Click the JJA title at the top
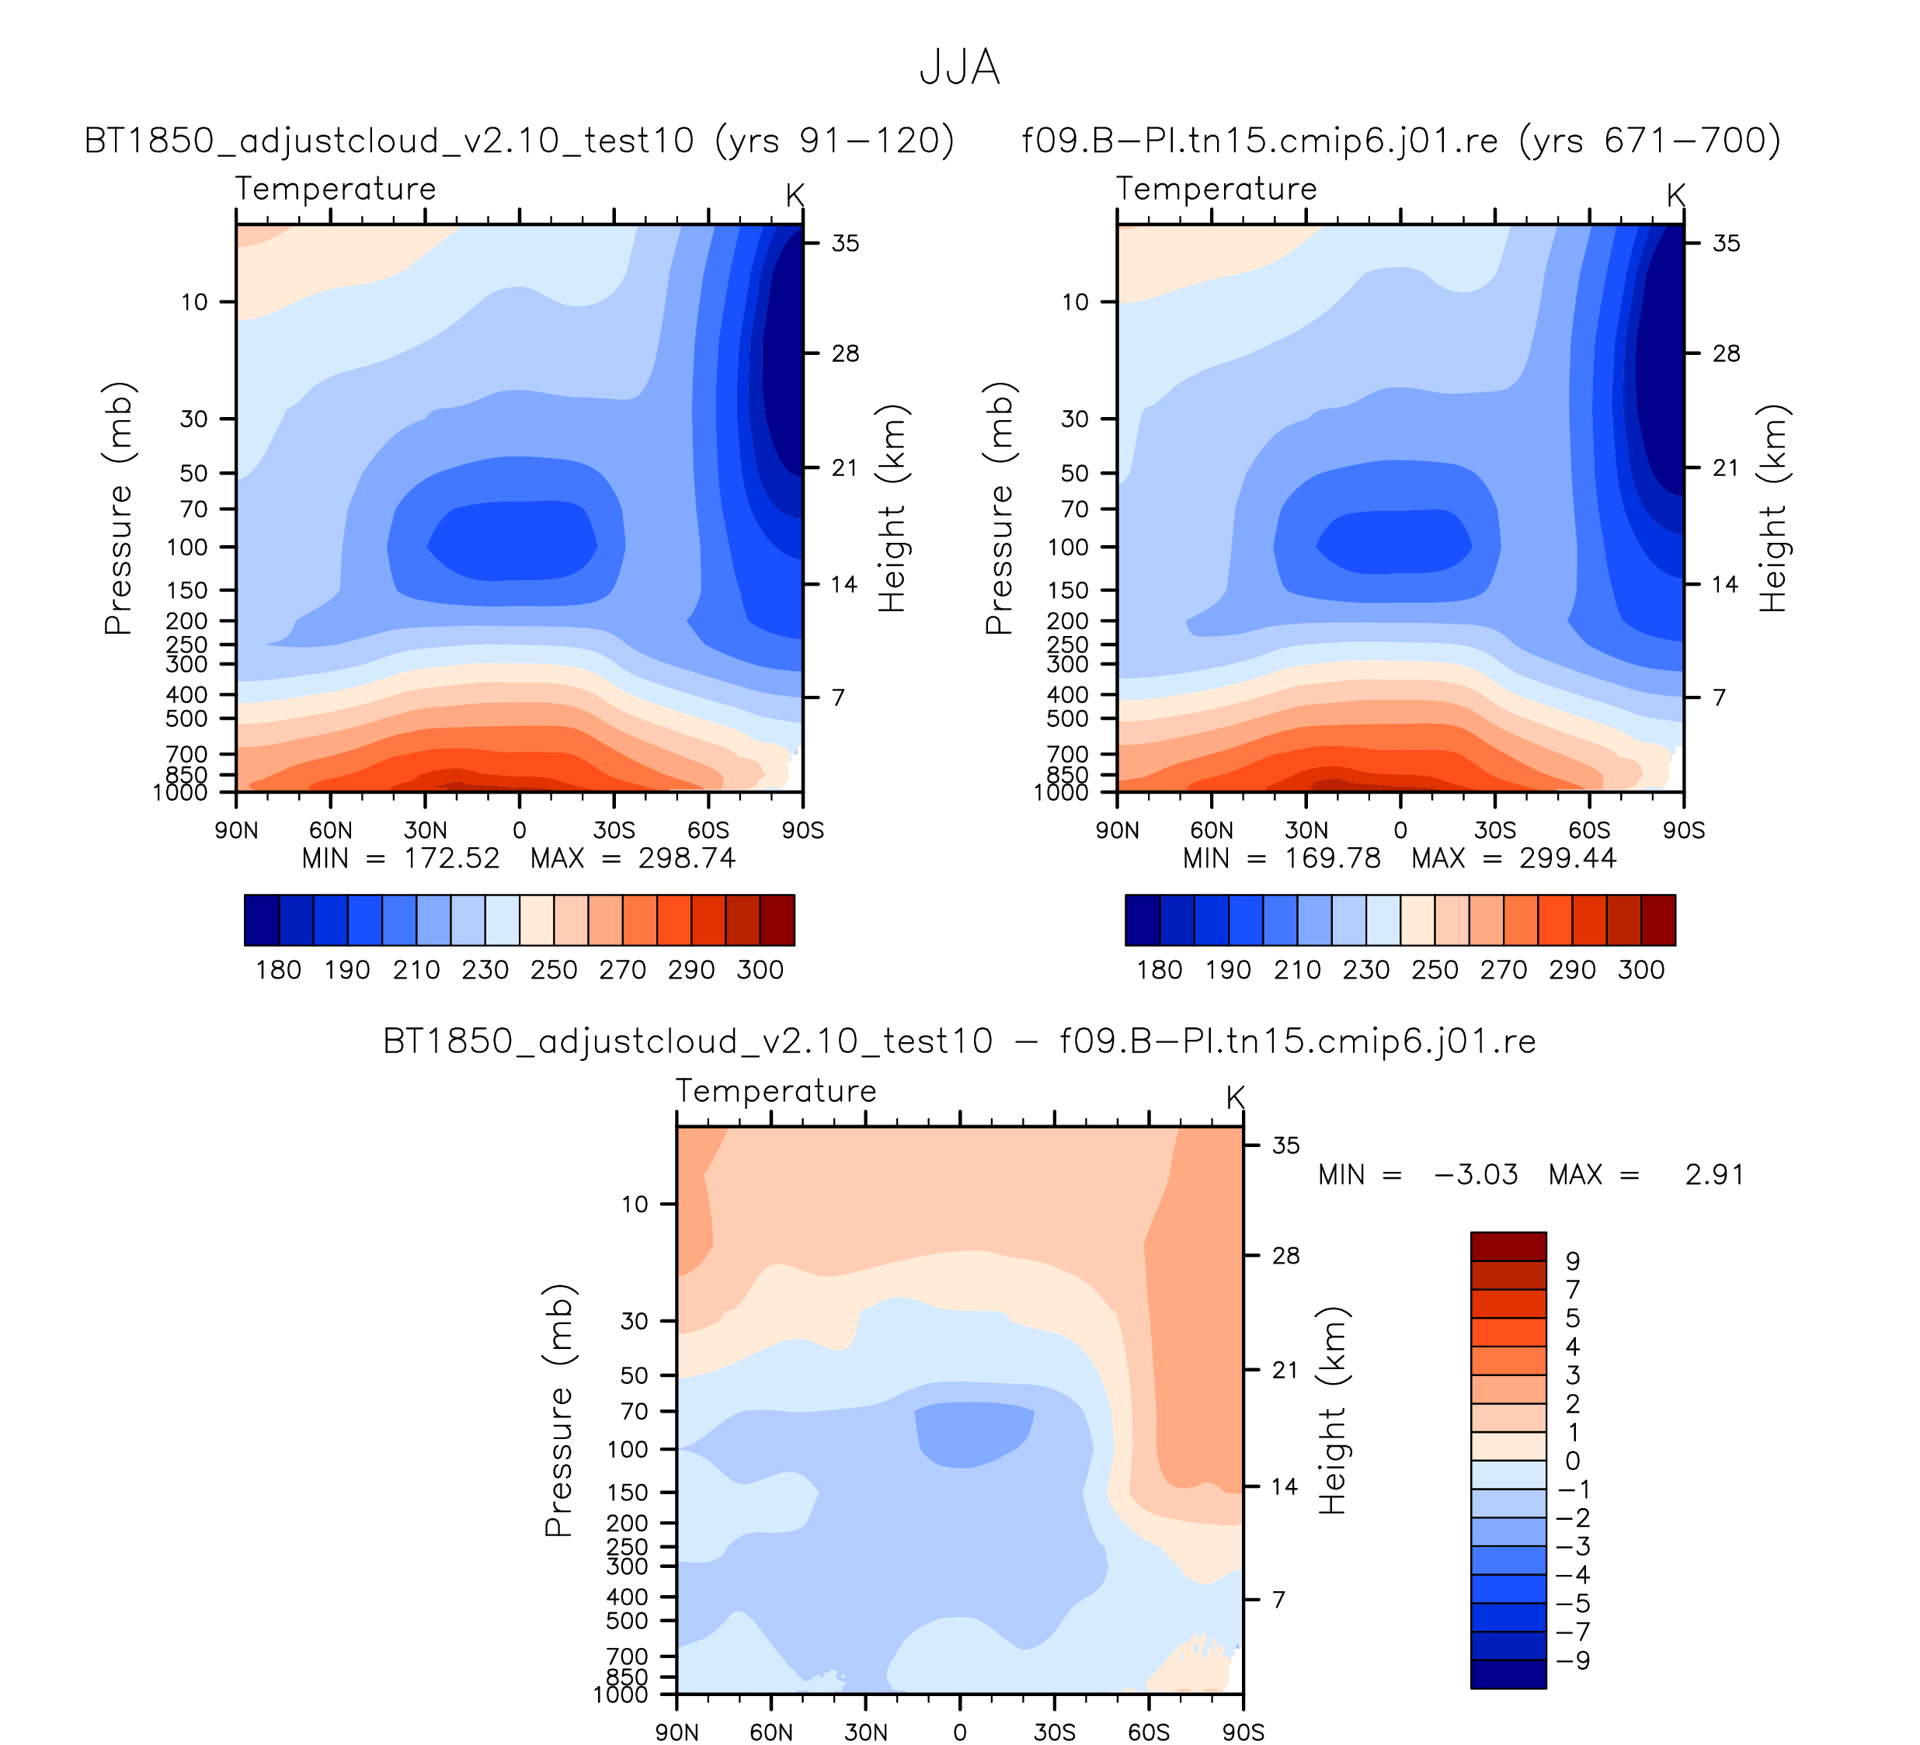pyautogui.click(x=959, y=68)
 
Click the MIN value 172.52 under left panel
pyautogui.click(x=451, y=859)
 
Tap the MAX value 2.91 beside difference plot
pyautogui.click(x=1714, y=1175)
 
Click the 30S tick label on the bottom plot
pyautogui.click(x=1054, y=1732)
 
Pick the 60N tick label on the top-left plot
pyautogui.click(x=330, y=830)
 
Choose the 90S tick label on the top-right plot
pyautogui.click(x=1684, y=830)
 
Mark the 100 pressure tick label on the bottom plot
pyautogui.click(x=628, y=1450)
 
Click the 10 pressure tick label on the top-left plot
pyautogui.click(x=194, y=303)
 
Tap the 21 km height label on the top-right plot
pyautogui.click(x=1726, y=468)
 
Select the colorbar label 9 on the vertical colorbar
pyautogui.click(x=1572, y=1260)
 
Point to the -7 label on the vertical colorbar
pyautogui.click(x=1572, y=1632)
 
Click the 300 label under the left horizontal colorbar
pyautogui.click(x=760, y=970)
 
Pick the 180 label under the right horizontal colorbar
pyautogui.click(x=1159, y=970)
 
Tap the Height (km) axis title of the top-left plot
pyautogui.click(x=892, y=509)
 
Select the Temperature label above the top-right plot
pyautogui.click(x=1216, y=189)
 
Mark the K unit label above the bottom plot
pyautogui.click(x=1235, y=1097)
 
